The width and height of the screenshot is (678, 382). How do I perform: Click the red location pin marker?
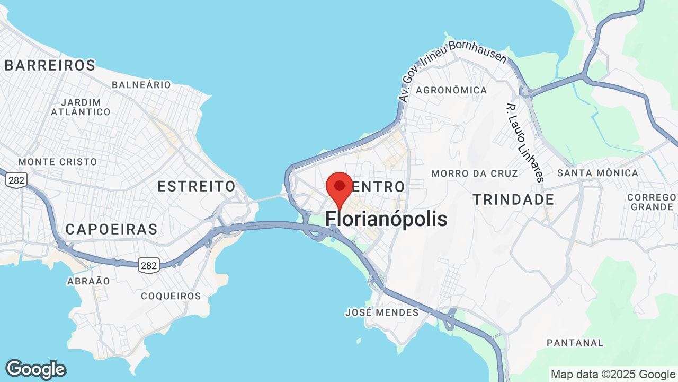coord(340,187)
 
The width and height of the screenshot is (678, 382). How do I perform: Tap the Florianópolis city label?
coord(386,219)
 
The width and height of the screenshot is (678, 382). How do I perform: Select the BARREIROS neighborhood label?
coord(50,65)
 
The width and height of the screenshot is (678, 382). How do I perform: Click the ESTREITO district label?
coord(197,186)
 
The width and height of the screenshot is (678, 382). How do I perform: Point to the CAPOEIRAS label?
coord(111,229)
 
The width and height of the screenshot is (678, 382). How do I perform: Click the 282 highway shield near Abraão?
coord(149,265)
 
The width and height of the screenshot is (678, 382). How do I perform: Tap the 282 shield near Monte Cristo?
coord(16,180)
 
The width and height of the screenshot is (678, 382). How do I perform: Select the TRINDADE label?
coord(513,200)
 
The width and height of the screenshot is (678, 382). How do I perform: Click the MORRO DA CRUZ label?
coord(474,173)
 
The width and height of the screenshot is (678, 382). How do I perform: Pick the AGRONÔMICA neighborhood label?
coord(451,90)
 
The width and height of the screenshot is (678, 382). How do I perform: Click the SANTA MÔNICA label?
coord(597,173)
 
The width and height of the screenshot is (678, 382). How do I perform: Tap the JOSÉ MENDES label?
coord(381,312)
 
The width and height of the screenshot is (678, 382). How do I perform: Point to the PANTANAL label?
coord(575,343)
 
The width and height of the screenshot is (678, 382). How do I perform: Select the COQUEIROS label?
coord(171,296)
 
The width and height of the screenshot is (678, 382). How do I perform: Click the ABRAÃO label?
coord(88,281)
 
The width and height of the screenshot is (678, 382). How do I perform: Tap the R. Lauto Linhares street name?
coord(525,142)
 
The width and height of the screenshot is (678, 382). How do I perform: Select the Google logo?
coord(35,369)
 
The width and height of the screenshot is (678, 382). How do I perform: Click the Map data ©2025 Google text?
coord(613,374)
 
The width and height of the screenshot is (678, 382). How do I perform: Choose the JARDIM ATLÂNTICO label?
coord(81,107)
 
